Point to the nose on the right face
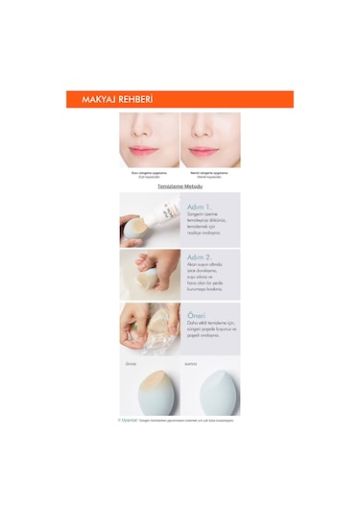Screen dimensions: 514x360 (209, 134)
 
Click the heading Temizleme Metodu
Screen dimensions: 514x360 (179, 186)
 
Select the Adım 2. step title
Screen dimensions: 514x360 (200, 259)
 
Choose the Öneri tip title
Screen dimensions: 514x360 (196, 313)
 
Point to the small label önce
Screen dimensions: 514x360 (132, 364)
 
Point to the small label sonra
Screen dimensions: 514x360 (191, 364)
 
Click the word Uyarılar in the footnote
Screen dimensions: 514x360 (128, 419)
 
